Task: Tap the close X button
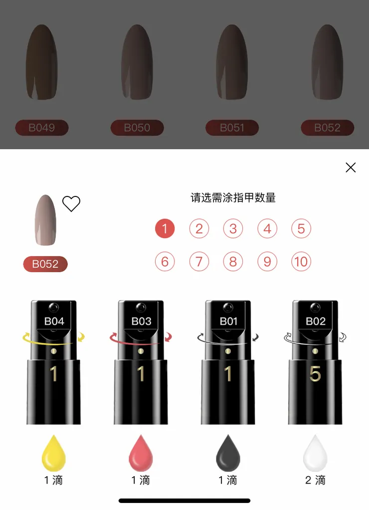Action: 351,168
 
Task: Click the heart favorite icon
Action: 71,203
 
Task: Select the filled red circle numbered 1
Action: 165,229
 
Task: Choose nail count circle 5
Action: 301,229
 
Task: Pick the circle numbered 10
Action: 301,262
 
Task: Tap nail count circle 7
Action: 199,262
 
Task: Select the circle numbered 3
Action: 233,229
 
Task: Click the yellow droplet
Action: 54,453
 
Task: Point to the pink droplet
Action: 141,453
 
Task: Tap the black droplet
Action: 228,453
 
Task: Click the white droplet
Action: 315,453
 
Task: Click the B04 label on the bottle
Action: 54,321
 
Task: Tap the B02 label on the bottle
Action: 315,321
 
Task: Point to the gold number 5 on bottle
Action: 315,374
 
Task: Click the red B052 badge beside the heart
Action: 45,264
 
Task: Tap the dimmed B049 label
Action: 41,128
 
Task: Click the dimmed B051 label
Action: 232,128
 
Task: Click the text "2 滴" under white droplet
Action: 315,480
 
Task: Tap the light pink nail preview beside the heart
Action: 45,220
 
